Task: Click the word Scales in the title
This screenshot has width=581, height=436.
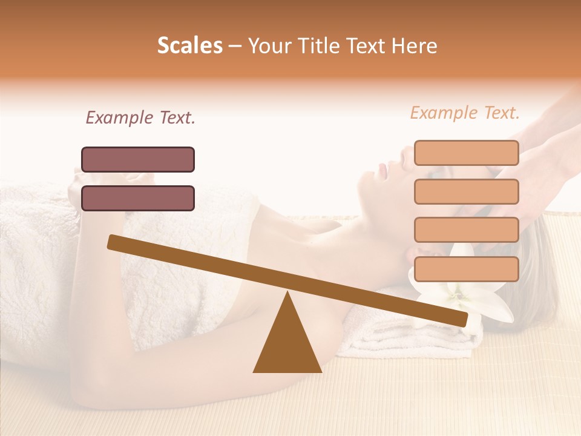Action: pyautogui.click(x=189, y=46)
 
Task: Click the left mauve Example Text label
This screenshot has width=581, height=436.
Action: pyautogui.click(x=140, y=117)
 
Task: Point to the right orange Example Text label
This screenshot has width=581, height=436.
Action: pyautogui.click(x=465, y=113)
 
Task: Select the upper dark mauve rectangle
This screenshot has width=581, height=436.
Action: pyautogui.click(x=138, y=159)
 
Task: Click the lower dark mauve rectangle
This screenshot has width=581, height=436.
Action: pyautogui.click(x=138, y=198)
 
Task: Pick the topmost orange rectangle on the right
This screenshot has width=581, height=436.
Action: pyautogui.click(x=466, y=153)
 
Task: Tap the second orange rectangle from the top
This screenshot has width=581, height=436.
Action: pyautogui.click(x=466, y=191)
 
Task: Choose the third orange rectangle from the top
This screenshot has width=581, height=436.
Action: pyautogui.click(x=466, y=230)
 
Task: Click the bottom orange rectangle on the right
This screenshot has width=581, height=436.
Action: pyautogui.click(x=466, y=269)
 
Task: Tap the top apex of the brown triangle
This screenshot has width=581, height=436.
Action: pyautogui.click(x=287, y=294)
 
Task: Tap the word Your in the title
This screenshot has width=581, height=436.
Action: pyautogui.click(x=268, y=46)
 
